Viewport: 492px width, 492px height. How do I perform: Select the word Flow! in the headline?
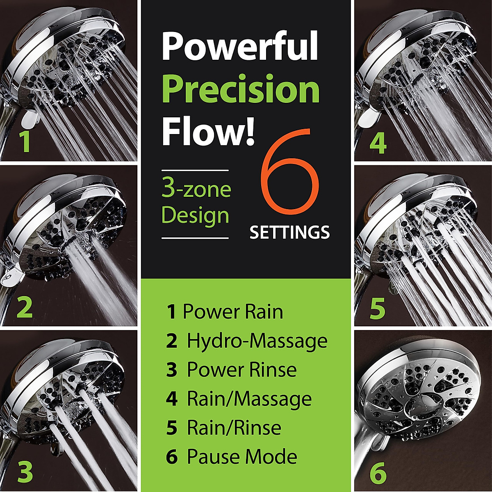[x=208, y=133]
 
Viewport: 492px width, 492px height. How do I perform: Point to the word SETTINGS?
[x=289, y=232]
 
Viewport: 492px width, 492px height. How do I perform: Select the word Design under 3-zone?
[x=195, y=215]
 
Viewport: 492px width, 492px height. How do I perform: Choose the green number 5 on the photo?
[x=377, y=308]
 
